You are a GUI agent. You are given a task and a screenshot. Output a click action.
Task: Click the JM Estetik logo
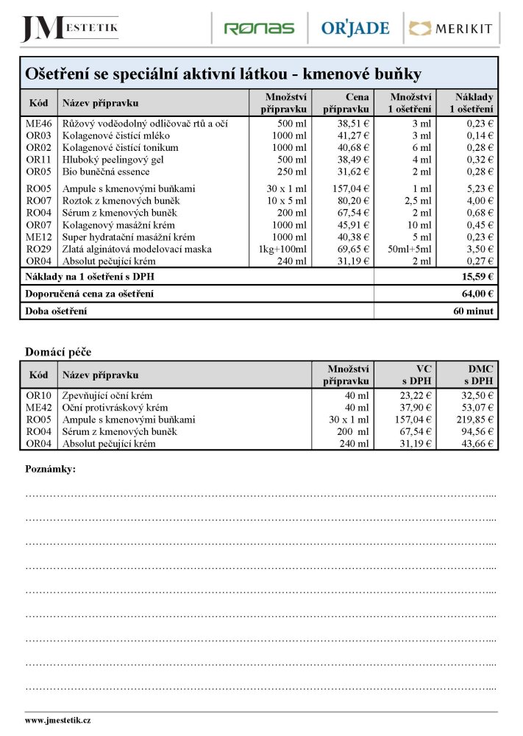[x=69, y=28]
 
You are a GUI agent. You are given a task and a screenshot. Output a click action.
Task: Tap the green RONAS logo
[x=259, y=29]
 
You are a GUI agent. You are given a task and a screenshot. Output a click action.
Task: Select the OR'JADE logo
[x=355, y=29]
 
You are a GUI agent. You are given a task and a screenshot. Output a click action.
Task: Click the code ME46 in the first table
[x=39, y=124]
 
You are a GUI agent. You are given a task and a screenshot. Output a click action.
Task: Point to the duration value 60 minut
[x=474, y=311]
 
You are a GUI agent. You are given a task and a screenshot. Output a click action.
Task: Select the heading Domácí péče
[x=58, y=353]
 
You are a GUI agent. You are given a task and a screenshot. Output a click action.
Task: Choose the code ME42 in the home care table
[x=39, y=408]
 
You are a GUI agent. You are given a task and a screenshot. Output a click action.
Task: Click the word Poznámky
[x=50, y=469]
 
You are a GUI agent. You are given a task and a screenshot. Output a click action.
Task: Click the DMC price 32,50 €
[x=477, y=395]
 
